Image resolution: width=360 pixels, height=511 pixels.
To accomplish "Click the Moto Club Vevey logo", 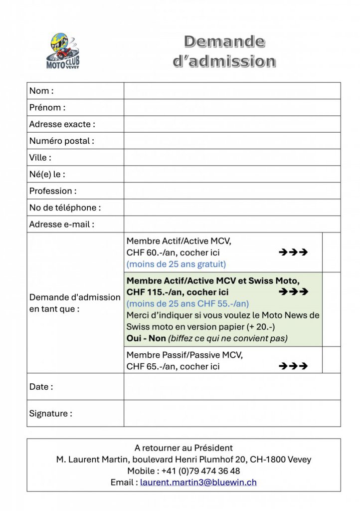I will pyautogui.click(x=63, y=51).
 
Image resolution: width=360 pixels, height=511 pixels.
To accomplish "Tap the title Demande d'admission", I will pyautogui.click(x=224, y=51).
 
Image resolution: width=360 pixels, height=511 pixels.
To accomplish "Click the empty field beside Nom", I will pyautogui.click(x=232, y=91).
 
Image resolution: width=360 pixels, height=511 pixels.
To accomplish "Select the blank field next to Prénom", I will pyautogui.click(x=232, y=107).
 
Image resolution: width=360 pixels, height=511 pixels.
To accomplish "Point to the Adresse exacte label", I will pyautogui.click(x=62, y=124).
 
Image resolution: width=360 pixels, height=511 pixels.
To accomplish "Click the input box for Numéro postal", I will pyautogui.click(x=232, y=141).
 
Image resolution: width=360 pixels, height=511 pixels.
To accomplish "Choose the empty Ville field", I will pyautogui.click(x=232, y=157).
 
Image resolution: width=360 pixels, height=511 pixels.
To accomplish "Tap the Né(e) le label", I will pyautogui.click(x=47, y=174).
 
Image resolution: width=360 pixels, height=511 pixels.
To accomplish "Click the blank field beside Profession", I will pyautogui.click(x=232, y=191).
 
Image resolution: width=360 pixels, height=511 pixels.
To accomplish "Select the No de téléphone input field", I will pyautogui.click(x=232, y=208).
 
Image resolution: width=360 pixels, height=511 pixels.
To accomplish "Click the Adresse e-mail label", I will pyautogui.click(x=61, y=224).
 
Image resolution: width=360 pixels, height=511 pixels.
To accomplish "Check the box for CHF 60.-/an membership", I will pyautogui.click(x=331, y=252).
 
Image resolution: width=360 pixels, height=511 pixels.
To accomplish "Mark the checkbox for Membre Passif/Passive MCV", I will pyautogui.click(x=331, y=360).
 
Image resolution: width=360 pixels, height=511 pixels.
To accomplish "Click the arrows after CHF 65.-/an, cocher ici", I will pyautogui.click(x=293, y=366).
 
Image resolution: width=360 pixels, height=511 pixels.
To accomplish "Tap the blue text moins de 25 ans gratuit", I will pyautogui.click(x=176, y=264).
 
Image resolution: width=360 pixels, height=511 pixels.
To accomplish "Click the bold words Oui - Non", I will pyautogui.click(x=146, y=338).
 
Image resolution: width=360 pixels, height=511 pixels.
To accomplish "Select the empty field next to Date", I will pyautogui.click(x=232, y=387).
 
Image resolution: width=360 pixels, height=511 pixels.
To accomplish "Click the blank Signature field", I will pyautogui.click(x=232, y=413).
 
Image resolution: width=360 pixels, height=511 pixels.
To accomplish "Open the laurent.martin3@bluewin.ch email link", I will pyautogui.click(x=198, y=483).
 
